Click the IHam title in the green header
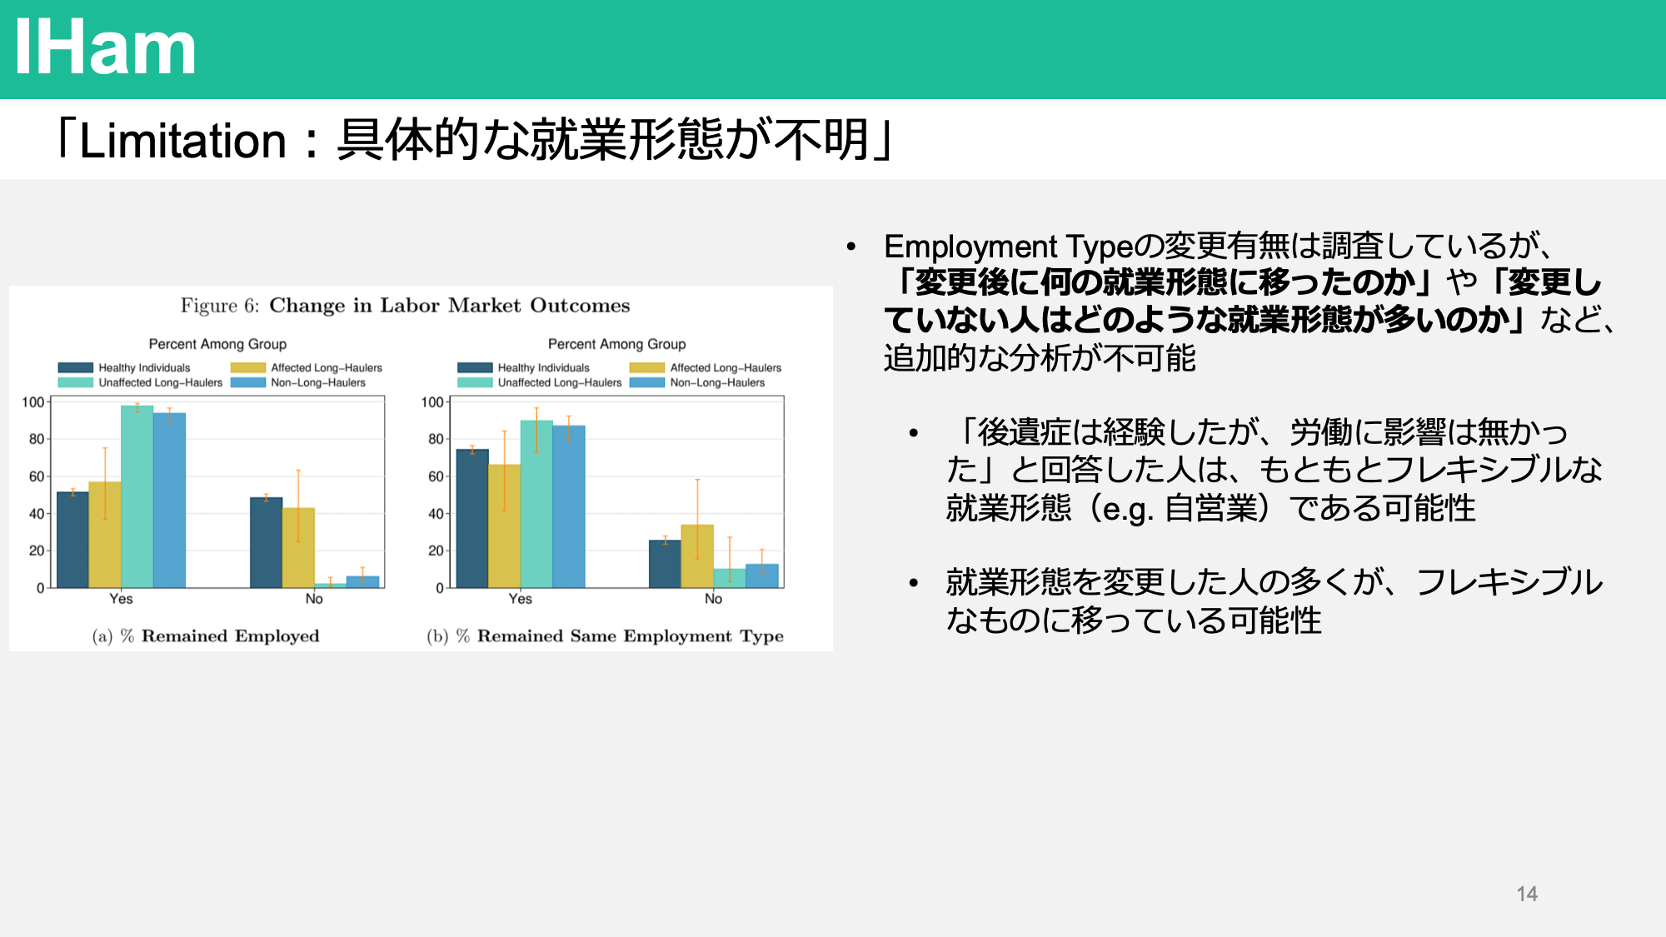click(x=105, y=48)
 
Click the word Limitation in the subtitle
click(x=183, y=140)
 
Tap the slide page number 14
click(x=1527, y=894)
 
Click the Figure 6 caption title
click(x=406, y=306)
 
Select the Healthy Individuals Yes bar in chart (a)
click(x=72, y=540)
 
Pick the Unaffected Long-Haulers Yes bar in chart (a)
click(x=137, y=496)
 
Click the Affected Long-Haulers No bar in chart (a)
click(x=298, y=548)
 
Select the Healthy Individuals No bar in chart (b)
click(x=665, y=564)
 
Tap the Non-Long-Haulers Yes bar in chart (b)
click(x=569, y=506)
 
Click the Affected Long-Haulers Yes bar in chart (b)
click(x=504, y=526)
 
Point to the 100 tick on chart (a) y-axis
click(x=33, y=402)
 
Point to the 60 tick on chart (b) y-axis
click(x=436, y=476)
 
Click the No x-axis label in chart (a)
click(x=314, y=599)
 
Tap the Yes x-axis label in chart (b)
click(x=521, y=599)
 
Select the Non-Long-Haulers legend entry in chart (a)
click(x=298, y=383)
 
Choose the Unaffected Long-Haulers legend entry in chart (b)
click(x=540, y=383)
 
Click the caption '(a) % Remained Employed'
click(x=206, y=636)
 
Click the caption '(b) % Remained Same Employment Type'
click(x=606, y=636)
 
